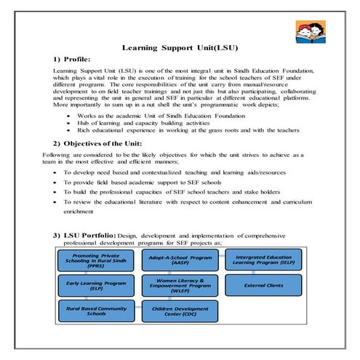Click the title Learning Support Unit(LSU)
pyautogui.click(x=179, y=47)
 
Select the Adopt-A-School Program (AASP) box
pyautogui.click(x=180, y=260)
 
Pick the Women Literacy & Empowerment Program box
pyautogui.click(x=180, y=286)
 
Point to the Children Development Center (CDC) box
pyautogui.click(x=180, y=311)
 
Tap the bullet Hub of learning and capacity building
pyautogui.click(x=139, y=122)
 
